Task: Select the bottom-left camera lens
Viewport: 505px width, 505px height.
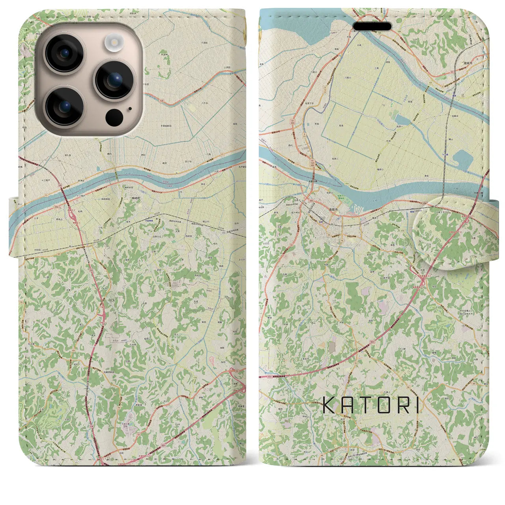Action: (64, 106)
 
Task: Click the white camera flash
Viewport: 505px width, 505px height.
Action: (115, 41)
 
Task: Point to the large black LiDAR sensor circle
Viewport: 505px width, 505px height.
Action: (114, 117)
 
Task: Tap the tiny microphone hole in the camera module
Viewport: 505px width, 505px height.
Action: (130, 108)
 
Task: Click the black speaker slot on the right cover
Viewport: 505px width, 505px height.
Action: (372, 26)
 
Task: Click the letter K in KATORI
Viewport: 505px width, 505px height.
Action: (329, 405)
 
